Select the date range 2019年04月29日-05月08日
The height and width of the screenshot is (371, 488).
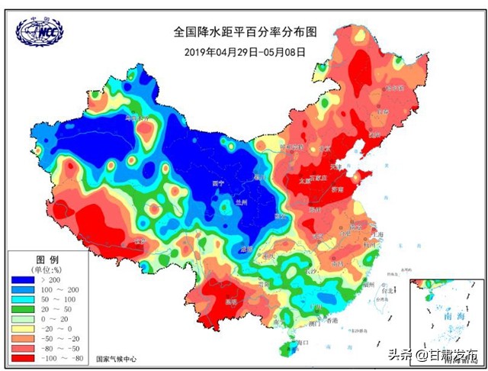point(245,52)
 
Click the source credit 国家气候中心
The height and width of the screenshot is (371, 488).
point(116,358)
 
